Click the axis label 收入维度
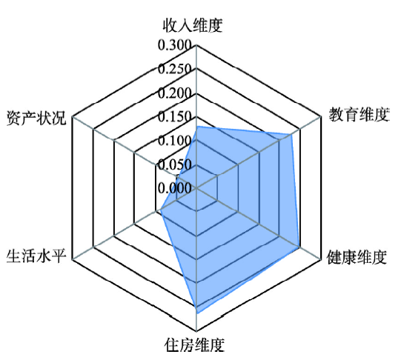pyautogui.click(x=193, y=25)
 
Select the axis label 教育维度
pyautogui.click(x=360, y=114)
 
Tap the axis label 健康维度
pyautogui.click(x=357, y=257)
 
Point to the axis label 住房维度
pyautogui.click(x=194, y=344)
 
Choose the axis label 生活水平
pyautogui.click(x=36, y=256)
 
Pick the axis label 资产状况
pyautogui.click(x=36, y=118)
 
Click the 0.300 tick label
pyautogui.click(x=175, y=45)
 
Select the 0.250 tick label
pyautogui.click(x=175, y=69)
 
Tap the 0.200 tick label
pyautogui.click(x=175, y=93)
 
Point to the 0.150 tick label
pyautogui.click(x=175, y=116)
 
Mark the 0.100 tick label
pyautogui.click(x=175, y=140)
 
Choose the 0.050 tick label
pyautogui.click(x=175, y=164)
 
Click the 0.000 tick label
pyautogui.click(x=175, y=187)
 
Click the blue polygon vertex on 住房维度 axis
pyautogui.click(x=197, y=313)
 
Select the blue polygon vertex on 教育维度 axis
pyautogui.click(x=291, y=134)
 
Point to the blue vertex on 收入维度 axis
pyautogui.click(x=197, y=127)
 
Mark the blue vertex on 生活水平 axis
pyautogui.click(x=161, y=209)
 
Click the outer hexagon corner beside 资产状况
pyautogui.click(x=73, y=116)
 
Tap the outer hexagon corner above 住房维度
pyautogui.click(x=196, y=331)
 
